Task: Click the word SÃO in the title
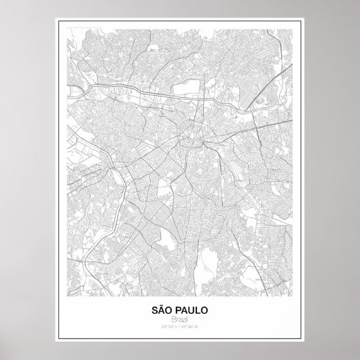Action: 162,310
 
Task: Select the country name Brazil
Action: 180,319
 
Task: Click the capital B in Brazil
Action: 172,319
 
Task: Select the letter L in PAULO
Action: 200,310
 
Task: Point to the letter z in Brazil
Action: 183,319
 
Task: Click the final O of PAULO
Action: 206,310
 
